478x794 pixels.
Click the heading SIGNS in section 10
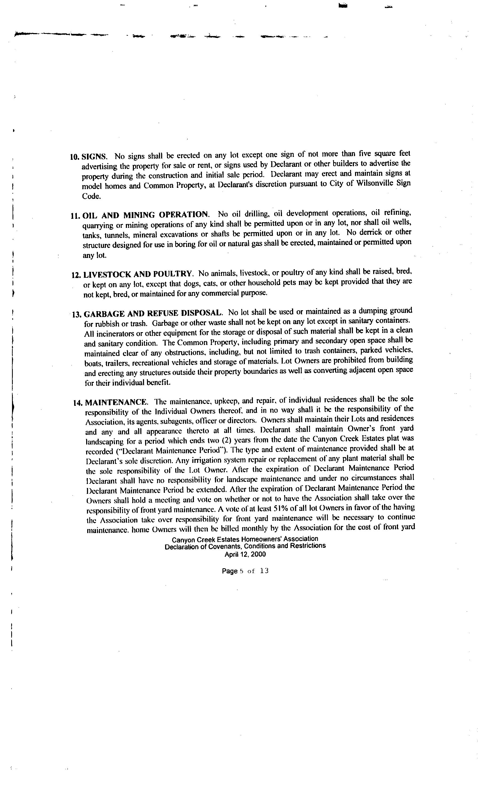[x=94, y=157]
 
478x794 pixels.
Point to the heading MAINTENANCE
[x=116, y=402]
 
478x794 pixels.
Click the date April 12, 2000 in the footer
[x=245, y=554]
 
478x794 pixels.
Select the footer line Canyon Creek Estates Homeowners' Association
[x=245, y=539]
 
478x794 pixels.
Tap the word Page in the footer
[x=229, y=571]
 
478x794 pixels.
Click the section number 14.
[x=78, y=403]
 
